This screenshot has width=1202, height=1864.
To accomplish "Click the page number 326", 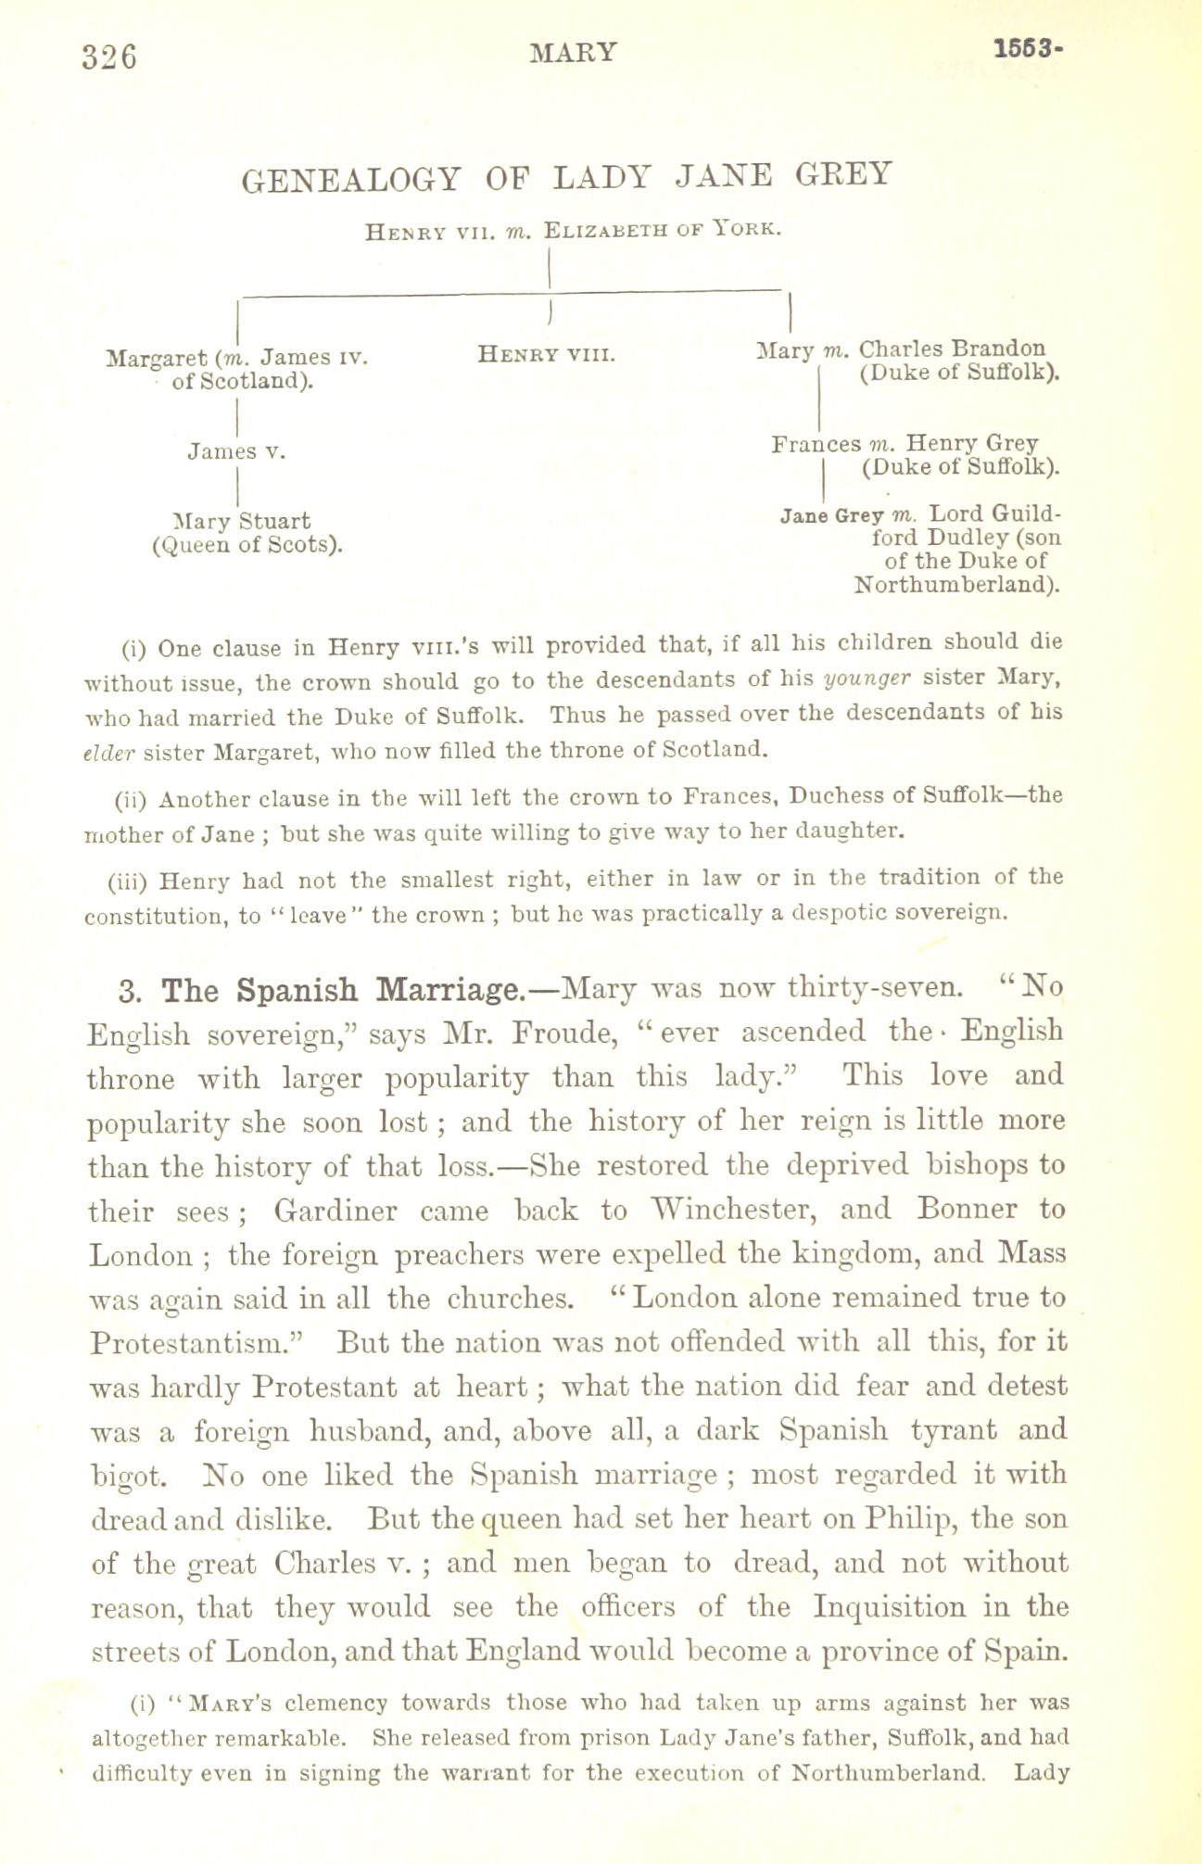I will click(x=109, y=57).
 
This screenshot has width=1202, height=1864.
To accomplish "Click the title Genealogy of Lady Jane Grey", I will click(x=567, y=175).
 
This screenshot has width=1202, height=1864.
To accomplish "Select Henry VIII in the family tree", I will click(x=547, y=354).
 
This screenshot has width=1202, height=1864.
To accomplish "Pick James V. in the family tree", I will click(x=236, y=451).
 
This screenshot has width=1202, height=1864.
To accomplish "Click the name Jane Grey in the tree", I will click(x=833, y=514).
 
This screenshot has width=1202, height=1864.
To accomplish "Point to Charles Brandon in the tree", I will click(x=952, y=349).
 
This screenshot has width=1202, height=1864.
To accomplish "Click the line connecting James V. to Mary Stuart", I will click(x=239, y=485).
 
